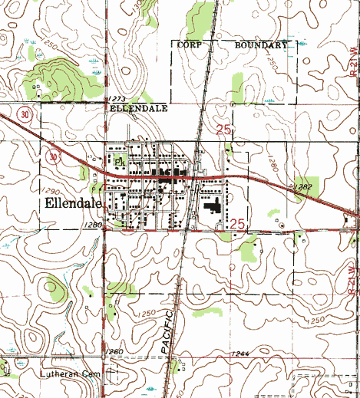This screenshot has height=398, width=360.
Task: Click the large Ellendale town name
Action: click(x=73, y=204)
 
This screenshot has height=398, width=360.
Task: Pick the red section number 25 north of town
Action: click(x=223, y=130)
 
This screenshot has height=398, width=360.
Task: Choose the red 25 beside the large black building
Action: click(x=237, y=222)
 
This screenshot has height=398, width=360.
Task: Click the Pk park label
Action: click(x=119, y=163)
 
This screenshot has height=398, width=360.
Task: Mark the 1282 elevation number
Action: click(x=302, y=186)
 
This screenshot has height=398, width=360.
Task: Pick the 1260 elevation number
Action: click(x=114, y=351)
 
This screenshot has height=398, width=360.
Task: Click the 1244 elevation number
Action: click(x=239, y=353)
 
